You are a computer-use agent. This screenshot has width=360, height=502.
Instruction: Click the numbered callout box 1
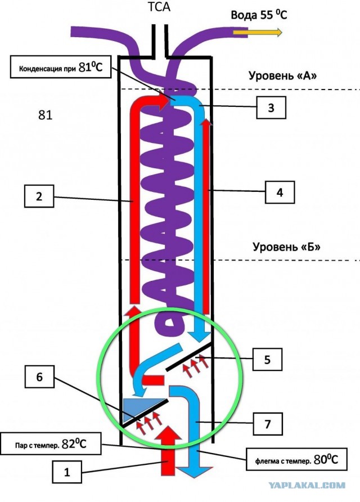[66, 472]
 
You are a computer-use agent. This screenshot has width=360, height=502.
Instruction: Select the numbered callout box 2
[39, 196]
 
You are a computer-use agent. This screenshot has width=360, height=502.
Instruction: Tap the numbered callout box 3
[271, 107]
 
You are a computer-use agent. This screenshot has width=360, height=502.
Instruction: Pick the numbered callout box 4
[280, 192]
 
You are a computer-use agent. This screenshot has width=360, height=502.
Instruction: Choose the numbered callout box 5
[268, 360]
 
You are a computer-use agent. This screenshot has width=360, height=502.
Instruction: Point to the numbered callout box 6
[39, 377]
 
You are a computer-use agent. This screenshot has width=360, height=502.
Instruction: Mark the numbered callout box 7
[268, 424]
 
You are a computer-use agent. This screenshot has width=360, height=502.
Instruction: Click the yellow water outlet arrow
[258, 32]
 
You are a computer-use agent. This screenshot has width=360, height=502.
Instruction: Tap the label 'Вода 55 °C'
[259, 15]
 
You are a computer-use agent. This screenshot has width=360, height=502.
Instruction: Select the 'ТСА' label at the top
[159, 7]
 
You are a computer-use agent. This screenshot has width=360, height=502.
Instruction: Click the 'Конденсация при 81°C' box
[61, 67]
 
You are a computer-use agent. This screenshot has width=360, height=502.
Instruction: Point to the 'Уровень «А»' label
[282, 75]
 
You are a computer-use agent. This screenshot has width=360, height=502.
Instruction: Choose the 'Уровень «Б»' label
[286, 246]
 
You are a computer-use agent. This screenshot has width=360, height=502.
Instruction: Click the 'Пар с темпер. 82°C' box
[51, 443]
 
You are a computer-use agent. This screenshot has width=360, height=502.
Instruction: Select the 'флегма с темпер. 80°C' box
[296, 459]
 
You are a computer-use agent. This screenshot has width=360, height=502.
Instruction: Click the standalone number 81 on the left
[45, 115]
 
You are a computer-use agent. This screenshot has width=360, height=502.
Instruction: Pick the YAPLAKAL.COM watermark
[307, 486]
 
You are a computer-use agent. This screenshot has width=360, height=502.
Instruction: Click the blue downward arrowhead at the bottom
[195, 472]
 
